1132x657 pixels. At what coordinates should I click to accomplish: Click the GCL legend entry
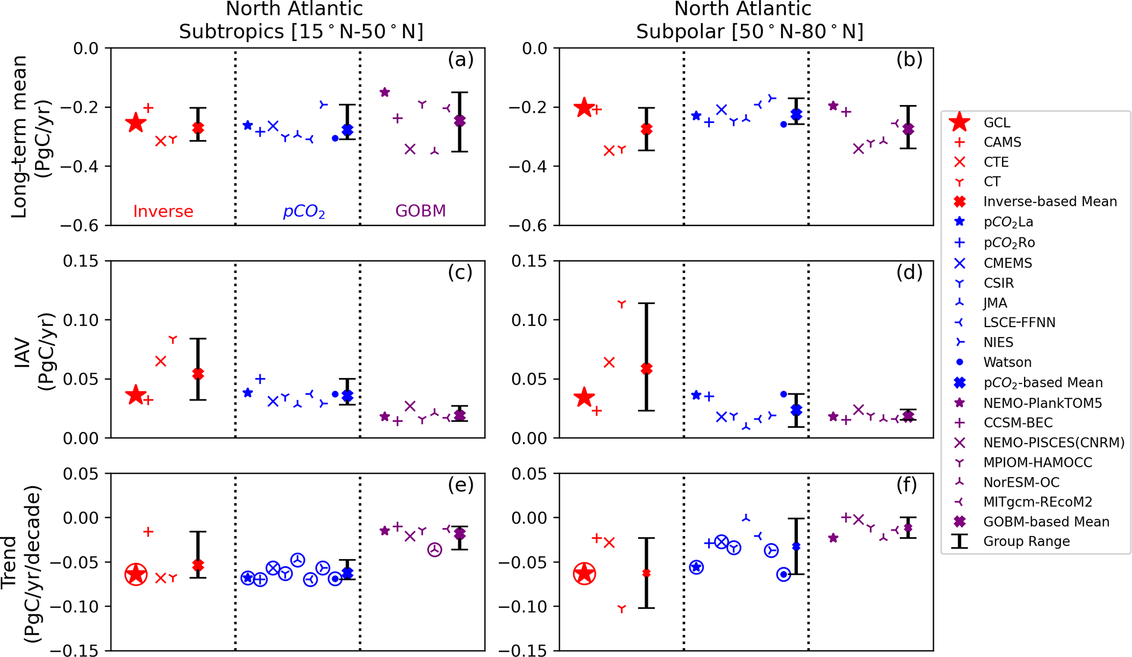996,123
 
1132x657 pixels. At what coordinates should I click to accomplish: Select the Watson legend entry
1007,362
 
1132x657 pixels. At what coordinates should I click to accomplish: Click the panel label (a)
460,59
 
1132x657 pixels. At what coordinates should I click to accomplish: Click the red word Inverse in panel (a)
163,211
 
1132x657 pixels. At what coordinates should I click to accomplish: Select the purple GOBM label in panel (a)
421,211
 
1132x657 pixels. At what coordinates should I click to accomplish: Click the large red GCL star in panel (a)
136,123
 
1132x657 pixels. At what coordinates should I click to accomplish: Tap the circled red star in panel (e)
136,574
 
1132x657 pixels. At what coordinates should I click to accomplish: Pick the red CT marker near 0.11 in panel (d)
622,304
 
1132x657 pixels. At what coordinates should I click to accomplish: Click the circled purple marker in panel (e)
435,550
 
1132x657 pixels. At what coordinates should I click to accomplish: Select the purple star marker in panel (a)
385,92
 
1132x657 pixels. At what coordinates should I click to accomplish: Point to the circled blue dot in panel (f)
784,574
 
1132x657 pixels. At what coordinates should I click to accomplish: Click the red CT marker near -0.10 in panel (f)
622,609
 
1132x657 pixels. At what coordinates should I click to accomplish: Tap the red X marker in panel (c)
160,361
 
